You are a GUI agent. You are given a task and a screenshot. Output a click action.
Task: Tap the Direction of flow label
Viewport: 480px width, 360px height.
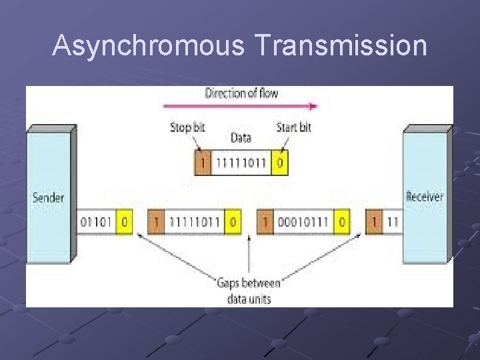click(241, 93)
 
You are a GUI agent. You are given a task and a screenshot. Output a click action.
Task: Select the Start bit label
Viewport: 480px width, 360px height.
click(293, 127)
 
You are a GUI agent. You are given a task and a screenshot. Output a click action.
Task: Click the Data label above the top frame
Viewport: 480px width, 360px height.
click(241, 139)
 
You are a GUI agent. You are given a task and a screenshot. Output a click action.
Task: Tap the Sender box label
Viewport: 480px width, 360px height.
click(49, 197)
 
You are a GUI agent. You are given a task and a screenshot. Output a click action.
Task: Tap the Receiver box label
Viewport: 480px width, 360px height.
click(425, 197)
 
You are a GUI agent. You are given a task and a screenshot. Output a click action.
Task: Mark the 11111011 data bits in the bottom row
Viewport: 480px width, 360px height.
click(194, 221)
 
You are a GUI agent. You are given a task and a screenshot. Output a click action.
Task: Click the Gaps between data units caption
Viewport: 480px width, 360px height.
click(249, 291)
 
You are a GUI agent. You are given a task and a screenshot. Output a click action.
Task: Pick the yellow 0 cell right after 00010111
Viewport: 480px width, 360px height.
click(342, 221)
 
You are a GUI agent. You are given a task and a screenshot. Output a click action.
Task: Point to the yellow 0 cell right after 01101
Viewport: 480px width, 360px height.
click(123, 221)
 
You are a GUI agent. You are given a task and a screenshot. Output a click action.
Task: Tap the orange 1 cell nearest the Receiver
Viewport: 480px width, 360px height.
click(375, 221)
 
